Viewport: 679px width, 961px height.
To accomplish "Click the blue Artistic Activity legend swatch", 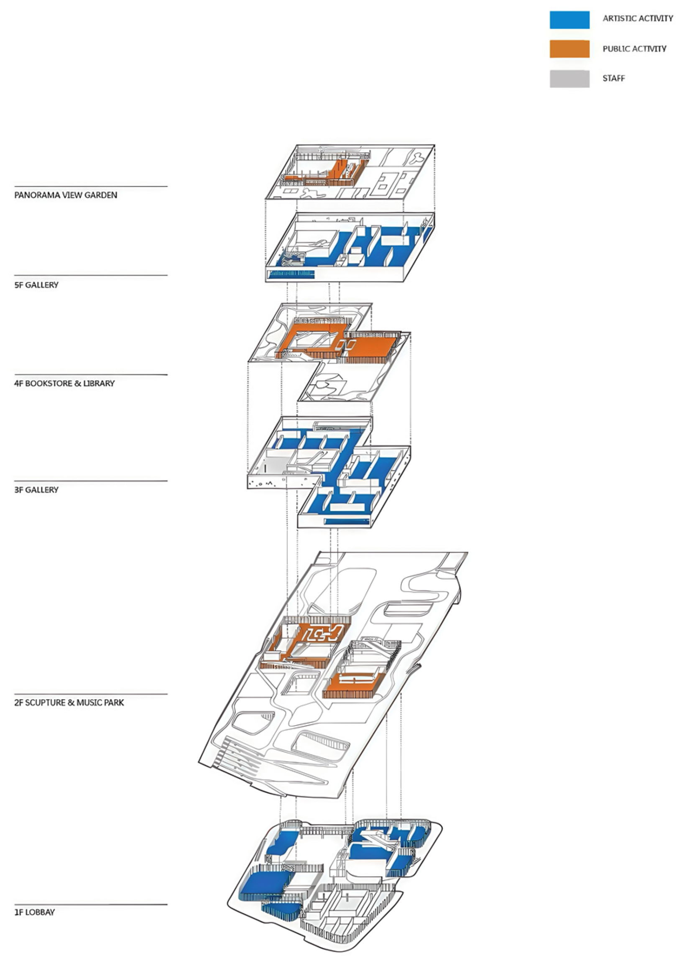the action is click(x=569, y=20).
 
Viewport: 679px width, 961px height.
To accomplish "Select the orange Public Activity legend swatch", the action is click(x=569, y=49).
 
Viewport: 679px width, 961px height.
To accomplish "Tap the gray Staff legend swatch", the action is click(x=569, y=79).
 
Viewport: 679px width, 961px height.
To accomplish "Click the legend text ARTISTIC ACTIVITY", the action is click(x=638, y=18).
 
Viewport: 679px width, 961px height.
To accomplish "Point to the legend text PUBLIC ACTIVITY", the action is click(x=634, y=49).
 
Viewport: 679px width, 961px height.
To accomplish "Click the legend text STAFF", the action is click(x=614, y=78).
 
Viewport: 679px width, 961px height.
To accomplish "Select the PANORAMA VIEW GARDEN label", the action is click(x=66, y=195).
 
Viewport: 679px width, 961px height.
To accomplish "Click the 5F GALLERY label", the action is click(x=36, y=285).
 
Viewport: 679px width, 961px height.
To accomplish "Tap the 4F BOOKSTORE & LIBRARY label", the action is click(x=64, y=383).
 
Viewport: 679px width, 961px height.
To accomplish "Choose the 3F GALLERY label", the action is click(x=36, y=490).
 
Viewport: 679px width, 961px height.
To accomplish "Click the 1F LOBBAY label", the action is click(x=35, y=912).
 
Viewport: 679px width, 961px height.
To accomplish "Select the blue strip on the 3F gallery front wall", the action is click(x=347, y=521).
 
